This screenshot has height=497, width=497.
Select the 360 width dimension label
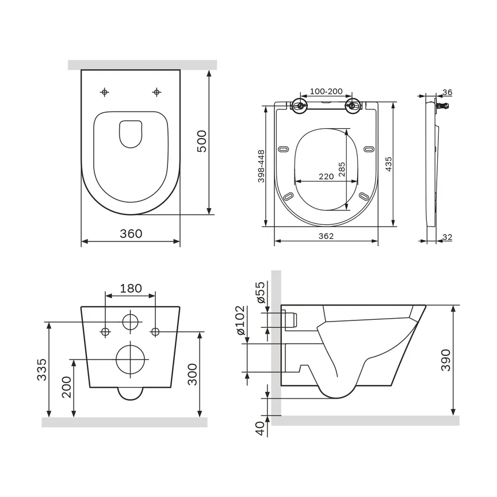tap(131, 234)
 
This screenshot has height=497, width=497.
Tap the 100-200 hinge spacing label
tap(326, 91)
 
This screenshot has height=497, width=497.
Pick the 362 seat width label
tap(326, 236)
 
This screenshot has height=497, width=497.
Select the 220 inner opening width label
tap(326, 177)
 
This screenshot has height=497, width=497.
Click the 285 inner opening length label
tap(342, 171)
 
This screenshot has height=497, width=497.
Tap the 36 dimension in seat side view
tap(448, 92)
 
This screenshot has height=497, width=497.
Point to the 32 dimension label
tap(448, 237)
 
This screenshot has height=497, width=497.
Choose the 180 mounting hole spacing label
tap(131, 288)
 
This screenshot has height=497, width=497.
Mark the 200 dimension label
tap(67, 387)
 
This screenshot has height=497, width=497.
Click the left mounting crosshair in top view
tap(105, 92)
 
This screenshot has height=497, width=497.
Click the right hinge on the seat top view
tap(353, 106)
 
